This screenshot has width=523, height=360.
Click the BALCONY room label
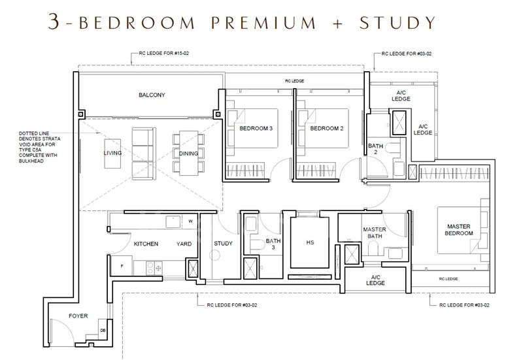coord(152,95)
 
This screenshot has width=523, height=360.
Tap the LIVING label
coord(112,153)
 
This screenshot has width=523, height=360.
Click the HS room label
coord(310,242)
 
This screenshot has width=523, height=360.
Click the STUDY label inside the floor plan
coord(223,244)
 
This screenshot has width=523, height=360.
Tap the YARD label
coord(184,244)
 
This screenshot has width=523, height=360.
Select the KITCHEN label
coord(146,244)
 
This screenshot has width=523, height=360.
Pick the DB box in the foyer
coord(102,330)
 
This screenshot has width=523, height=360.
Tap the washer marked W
coord(190,221)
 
